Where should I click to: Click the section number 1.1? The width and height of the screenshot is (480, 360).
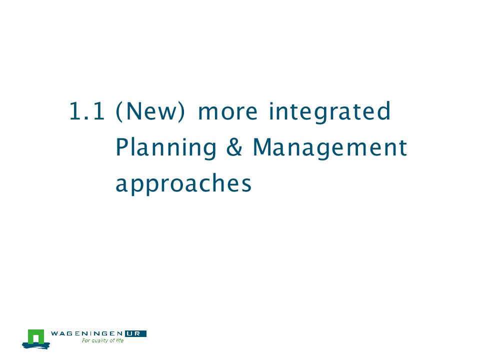tap(87, 111)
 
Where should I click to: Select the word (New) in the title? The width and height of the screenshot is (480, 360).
tap(150, 111)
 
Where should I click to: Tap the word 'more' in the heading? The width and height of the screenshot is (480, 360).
tap(228, 112)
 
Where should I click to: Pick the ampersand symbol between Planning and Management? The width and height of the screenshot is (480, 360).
tap(234, 147)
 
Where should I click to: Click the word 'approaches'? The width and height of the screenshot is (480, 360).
tap(183, 183)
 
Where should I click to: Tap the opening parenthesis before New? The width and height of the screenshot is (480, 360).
tap(119, 111)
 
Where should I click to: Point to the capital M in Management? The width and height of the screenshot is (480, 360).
tap(262, 147)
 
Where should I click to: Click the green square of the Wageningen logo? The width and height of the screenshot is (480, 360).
tap(36, 336)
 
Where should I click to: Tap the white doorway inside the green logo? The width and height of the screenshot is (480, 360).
tap(36, 339)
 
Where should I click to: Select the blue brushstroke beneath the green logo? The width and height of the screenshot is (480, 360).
tap(36, 345)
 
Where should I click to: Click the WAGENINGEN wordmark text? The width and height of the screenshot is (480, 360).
tap(87, 333)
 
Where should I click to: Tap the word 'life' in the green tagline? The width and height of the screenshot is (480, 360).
tap(119, 340)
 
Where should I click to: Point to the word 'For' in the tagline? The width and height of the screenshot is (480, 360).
tap(86, 340)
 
